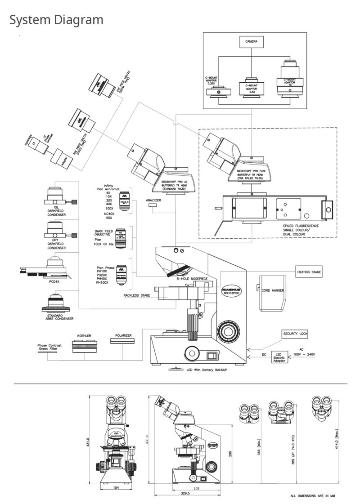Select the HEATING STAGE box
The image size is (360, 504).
pos(309,272)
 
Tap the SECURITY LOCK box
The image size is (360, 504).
pos(295,334)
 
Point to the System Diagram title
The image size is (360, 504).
pos(56,20)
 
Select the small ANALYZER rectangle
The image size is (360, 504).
pos(153,205)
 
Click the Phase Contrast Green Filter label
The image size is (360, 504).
pos(49,347)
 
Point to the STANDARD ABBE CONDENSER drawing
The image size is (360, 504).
pos(57,303)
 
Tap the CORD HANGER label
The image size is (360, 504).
pos(273,290)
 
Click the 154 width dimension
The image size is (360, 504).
pos(115,487)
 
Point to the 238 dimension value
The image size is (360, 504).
pos(196,488)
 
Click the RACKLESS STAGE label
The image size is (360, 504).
pos(137,295)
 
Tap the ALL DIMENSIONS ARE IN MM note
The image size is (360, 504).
pos(314,496)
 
